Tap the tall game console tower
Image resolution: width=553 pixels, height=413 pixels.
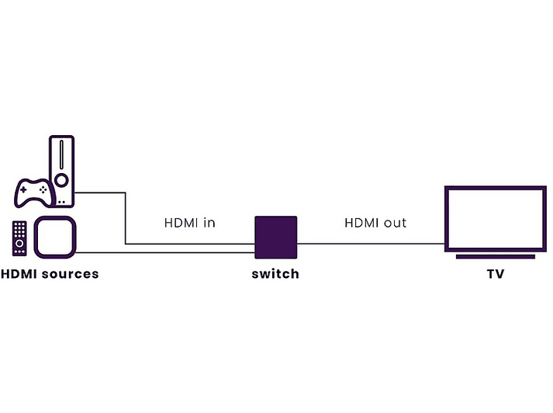[x=62, y=171]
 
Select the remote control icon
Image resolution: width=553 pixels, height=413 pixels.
[x=19, y=238]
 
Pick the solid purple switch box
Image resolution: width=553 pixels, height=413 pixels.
[x=276, y=238]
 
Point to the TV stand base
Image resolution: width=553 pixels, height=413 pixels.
[x=496, y=257]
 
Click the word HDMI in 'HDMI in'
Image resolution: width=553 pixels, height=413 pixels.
[x=181, y=223]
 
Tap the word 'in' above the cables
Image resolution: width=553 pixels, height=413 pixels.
[x=209, y=223]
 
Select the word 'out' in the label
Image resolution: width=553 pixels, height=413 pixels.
[x=395, y=223]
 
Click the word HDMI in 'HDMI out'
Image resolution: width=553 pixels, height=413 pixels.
[x=361, y=223]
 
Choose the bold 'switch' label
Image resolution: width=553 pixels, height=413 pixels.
[x=275, y=274]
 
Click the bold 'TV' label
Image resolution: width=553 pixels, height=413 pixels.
[x=496, y=274]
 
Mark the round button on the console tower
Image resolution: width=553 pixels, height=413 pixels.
[x=62, y=180]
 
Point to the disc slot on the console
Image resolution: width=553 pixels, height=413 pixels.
[x=62, y=154]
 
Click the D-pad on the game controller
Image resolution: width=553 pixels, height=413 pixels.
[x=23, y=190]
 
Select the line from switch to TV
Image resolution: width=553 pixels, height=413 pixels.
[x=371, y=244]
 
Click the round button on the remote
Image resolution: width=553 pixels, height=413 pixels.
[x=19, y=244]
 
